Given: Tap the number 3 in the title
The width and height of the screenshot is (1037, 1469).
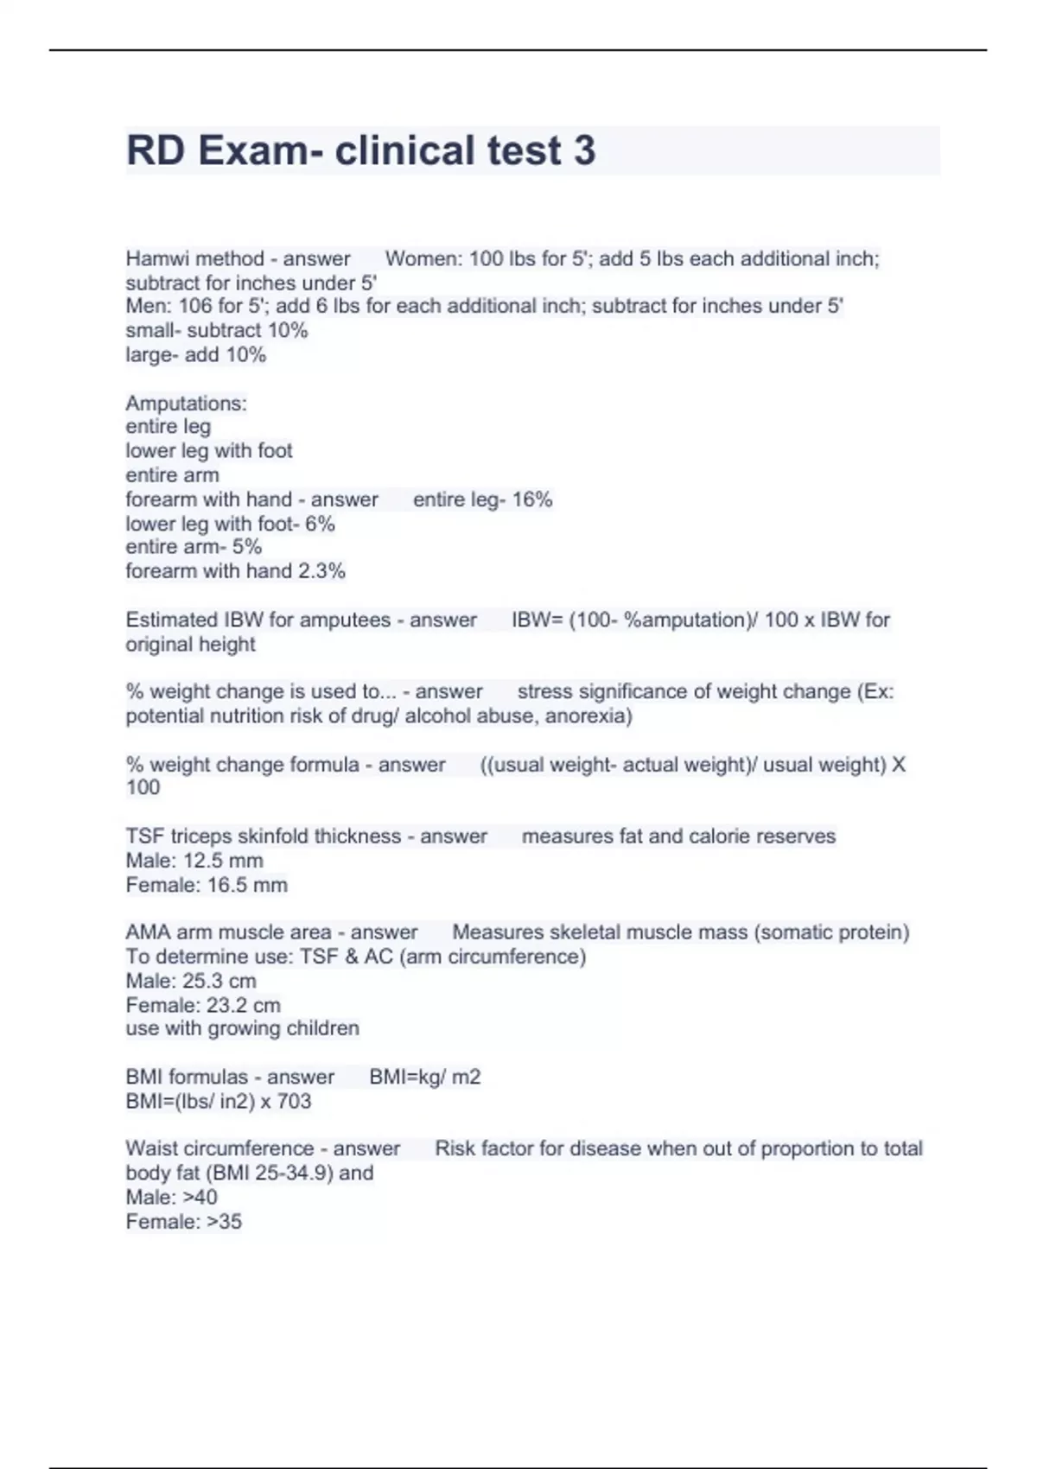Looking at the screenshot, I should coord(584,150).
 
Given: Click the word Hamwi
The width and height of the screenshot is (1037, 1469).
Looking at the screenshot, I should coord(151,258).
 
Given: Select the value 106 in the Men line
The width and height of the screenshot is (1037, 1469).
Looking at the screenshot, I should coord(195,306).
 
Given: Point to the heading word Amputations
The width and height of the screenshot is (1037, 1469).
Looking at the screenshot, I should coord(186,403).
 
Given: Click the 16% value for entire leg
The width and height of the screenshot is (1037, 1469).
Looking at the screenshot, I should coord(532,499).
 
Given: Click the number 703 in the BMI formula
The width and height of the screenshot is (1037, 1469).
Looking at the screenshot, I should coord(294,1101).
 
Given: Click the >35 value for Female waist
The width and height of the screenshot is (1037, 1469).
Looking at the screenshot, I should coord(224,1221).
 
